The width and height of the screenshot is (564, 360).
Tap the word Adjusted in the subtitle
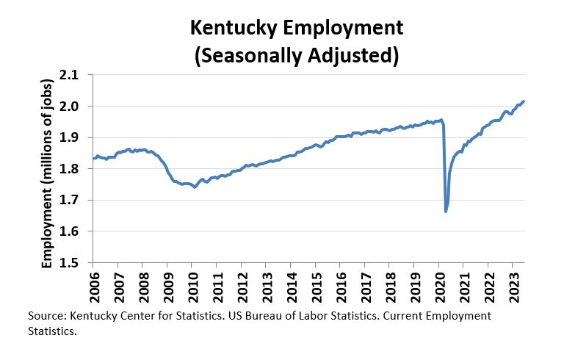346,55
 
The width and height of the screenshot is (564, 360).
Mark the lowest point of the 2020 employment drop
446,212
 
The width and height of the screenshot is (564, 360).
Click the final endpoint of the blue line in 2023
524,101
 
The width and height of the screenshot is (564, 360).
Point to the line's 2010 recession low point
195,187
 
